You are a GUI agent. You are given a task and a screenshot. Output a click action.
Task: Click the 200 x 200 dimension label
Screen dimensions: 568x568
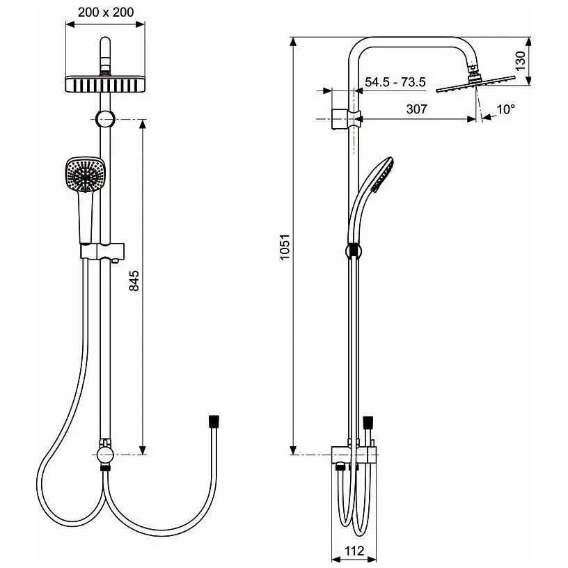click(105, 12)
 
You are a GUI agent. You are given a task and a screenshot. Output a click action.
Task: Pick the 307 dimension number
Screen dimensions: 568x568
click(416, 109)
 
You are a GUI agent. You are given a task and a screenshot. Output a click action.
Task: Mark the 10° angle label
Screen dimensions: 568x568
click(506, 109)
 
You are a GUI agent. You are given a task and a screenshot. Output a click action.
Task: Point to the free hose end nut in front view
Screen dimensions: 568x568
click(213, 421)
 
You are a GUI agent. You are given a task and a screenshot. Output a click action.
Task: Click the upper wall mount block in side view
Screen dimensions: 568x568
click(341, 118)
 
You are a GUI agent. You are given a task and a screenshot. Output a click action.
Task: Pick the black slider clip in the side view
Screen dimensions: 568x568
click(354, 250)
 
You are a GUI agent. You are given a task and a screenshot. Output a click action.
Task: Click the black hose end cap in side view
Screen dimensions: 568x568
click(369, 422)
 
